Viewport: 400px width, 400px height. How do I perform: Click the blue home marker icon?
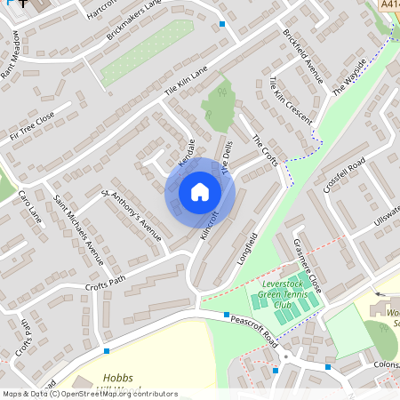click(200, 192)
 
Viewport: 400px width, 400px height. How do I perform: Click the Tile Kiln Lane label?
click(185, 80)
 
